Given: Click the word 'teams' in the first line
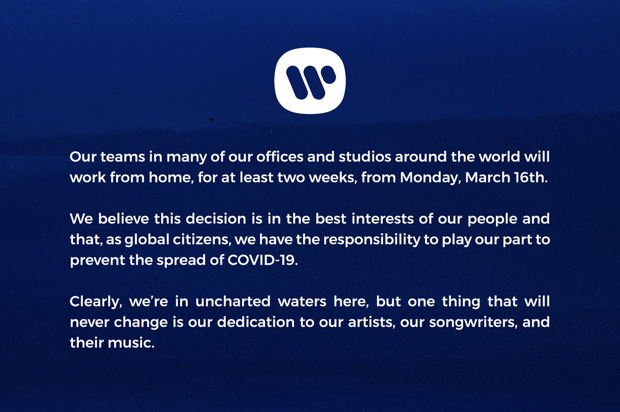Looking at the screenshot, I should (115, 156).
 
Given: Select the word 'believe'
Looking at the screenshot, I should (116, 218).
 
